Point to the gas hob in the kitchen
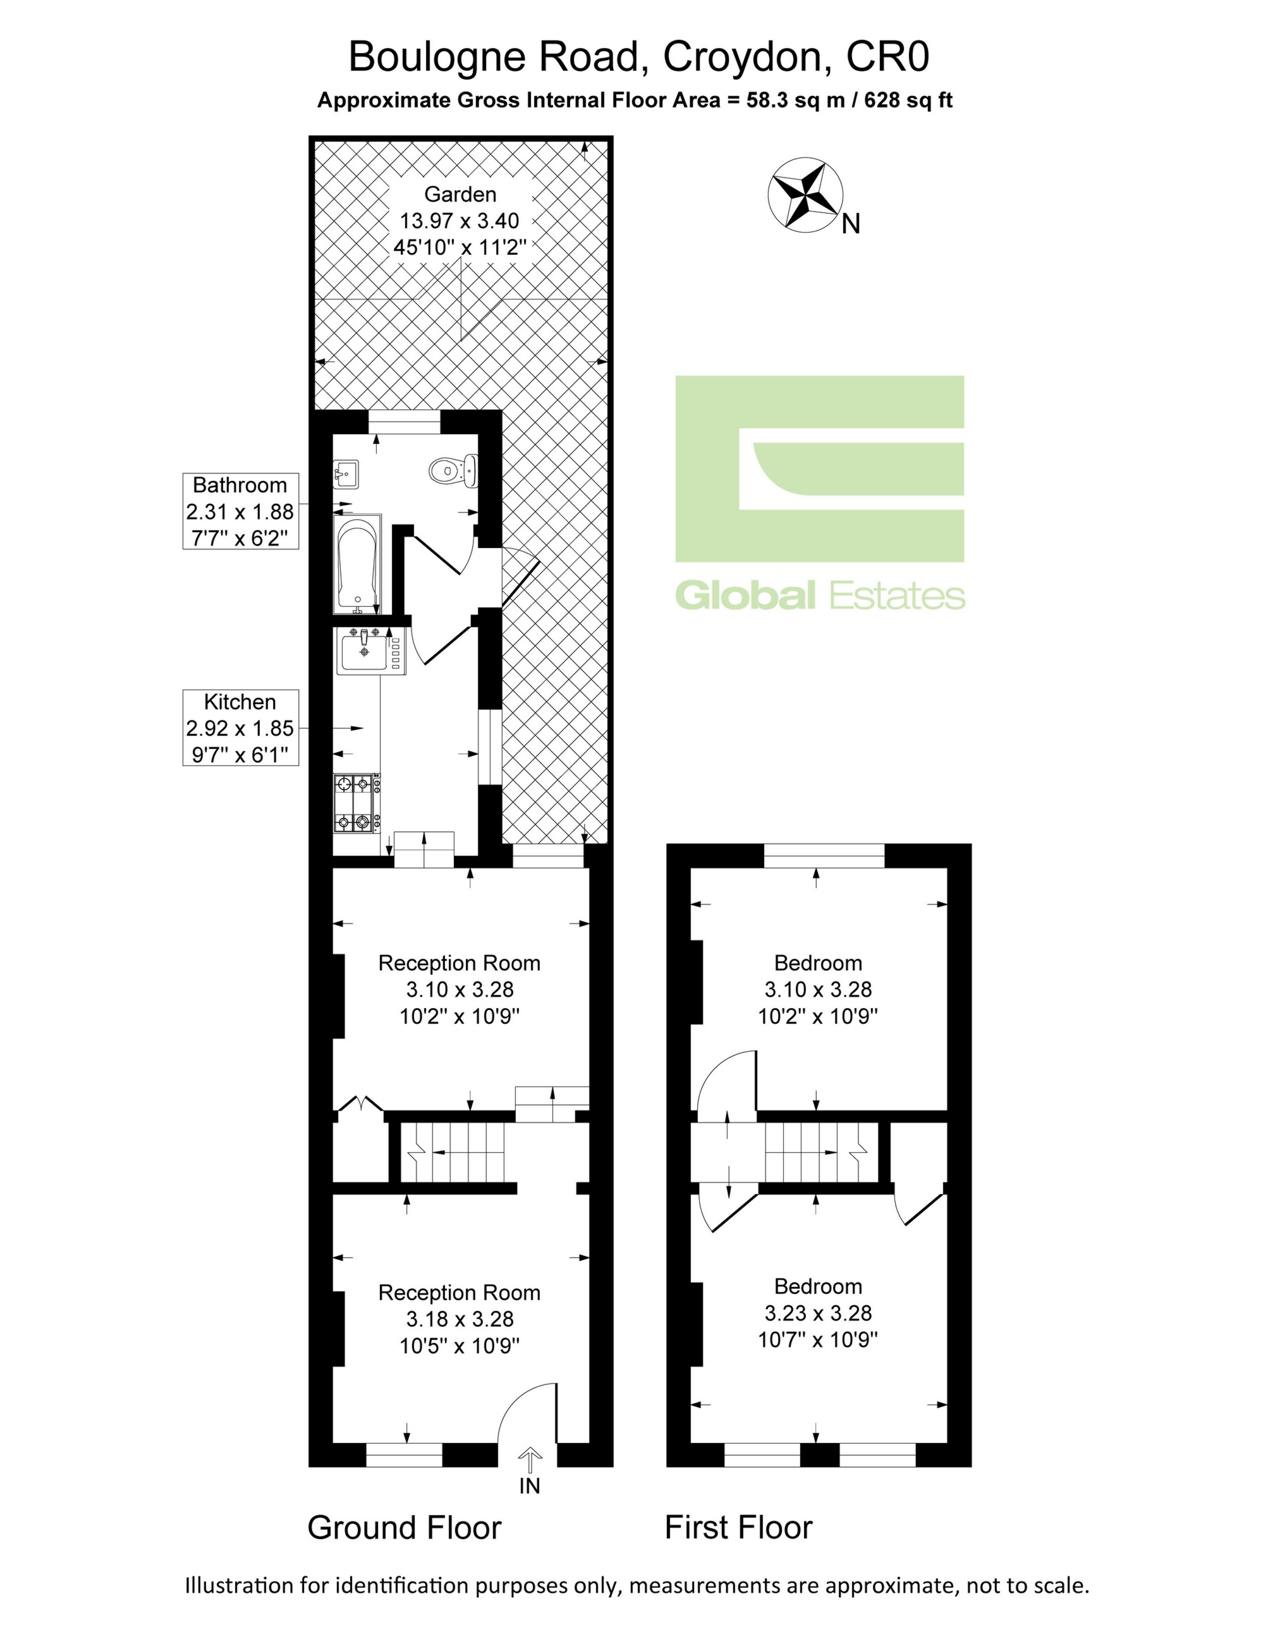click(x=357, y=804)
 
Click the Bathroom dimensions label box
click(x=241, y=511)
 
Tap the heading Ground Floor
click(x=405, y=1528)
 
